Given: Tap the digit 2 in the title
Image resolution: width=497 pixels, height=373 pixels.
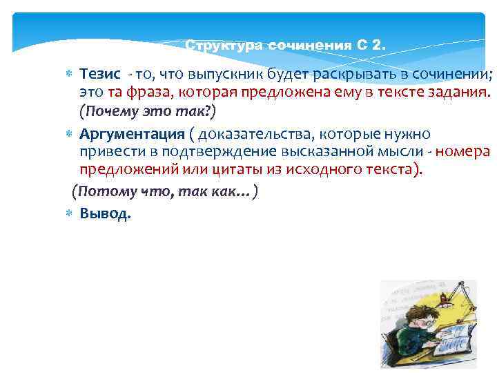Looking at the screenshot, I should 376,46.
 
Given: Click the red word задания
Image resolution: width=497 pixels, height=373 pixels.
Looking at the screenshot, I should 454,93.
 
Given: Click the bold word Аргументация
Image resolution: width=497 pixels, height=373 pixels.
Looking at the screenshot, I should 132,134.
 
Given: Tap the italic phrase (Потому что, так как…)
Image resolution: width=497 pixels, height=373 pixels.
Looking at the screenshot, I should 165,191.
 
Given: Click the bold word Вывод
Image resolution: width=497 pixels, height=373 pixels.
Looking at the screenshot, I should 104,213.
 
